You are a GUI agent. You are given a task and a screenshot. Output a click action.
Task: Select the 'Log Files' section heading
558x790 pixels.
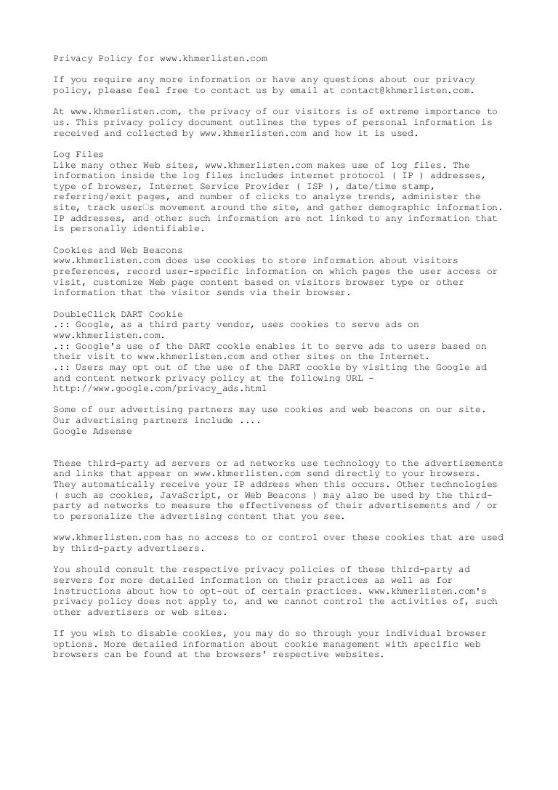pos(78,155)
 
